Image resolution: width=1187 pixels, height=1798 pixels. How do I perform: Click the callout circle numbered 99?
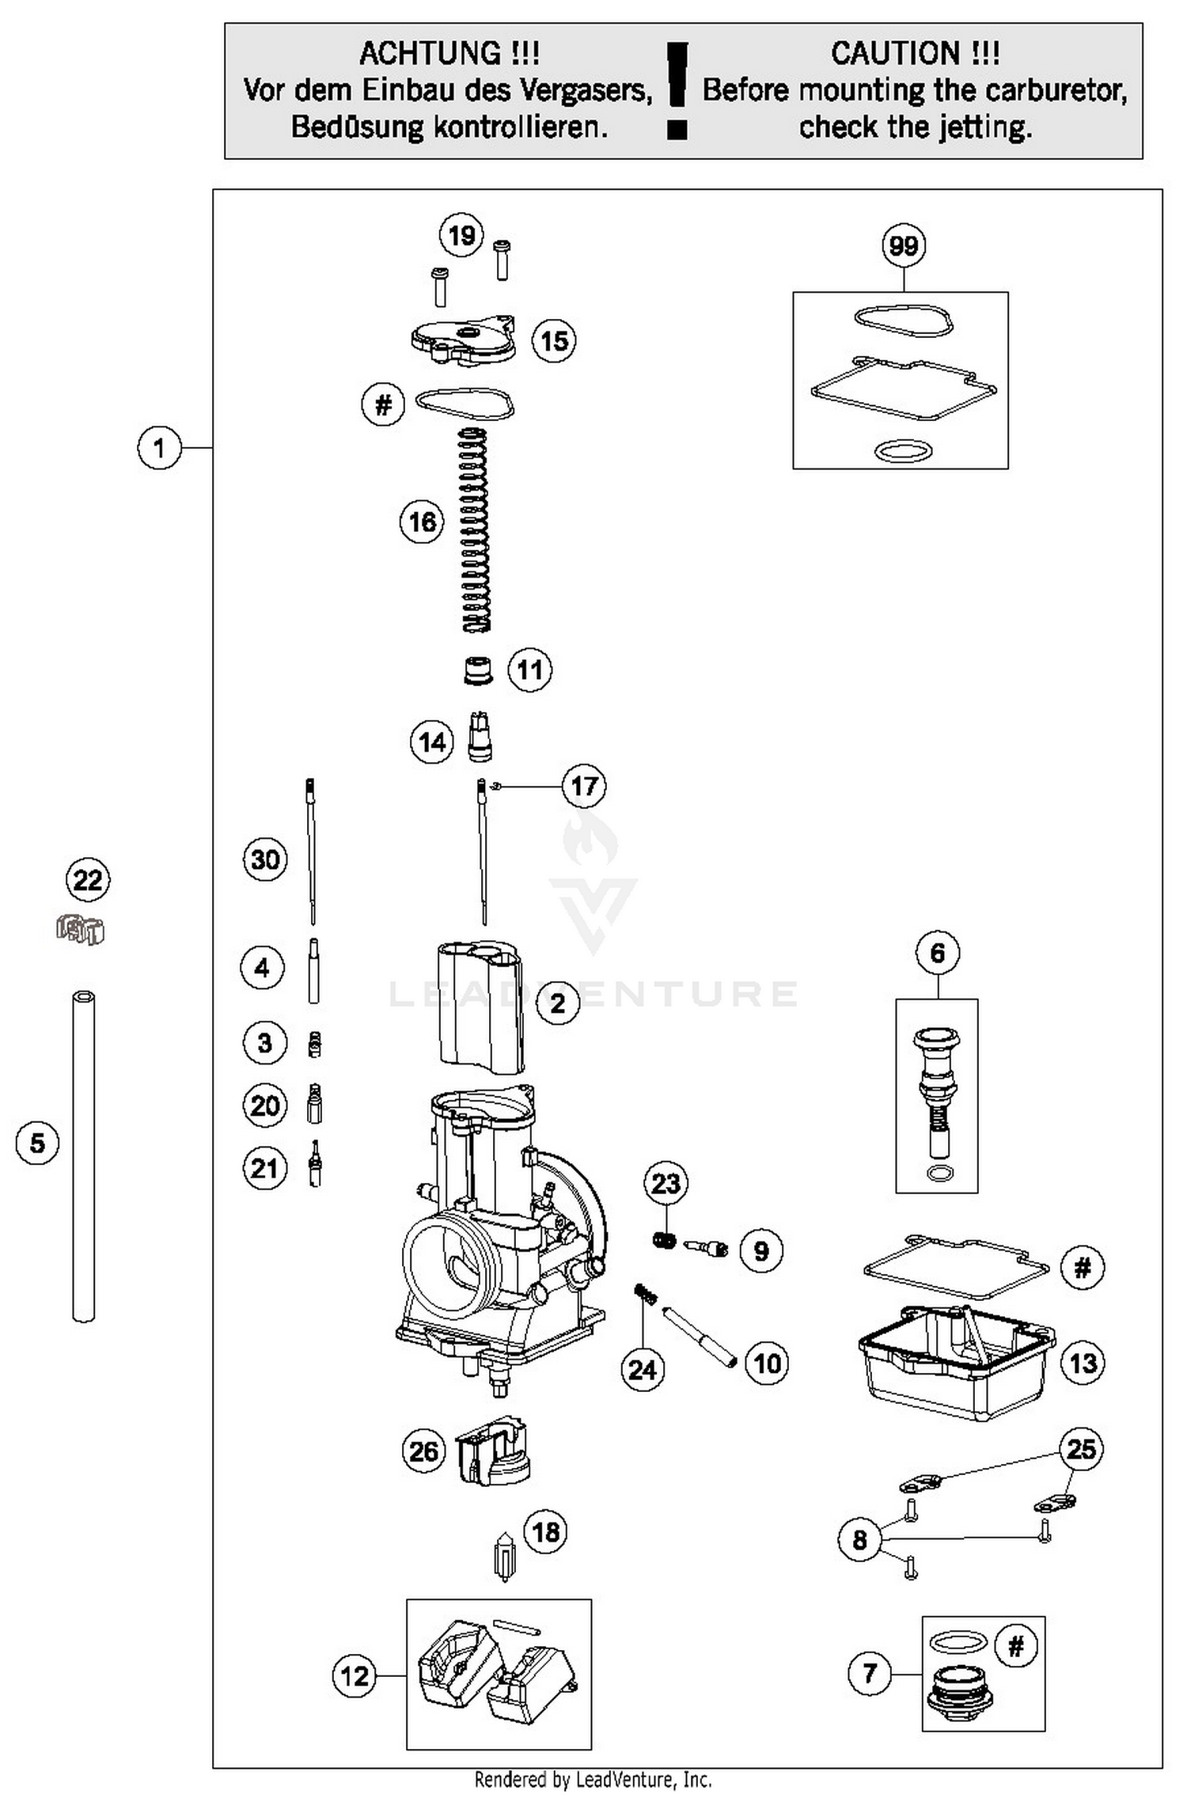(904, 245)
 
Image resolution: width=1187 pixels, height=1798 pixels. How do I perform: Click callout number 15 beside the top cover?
(554, 341)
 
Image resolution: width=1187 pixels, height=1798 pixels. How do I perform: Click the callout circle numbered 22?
(87, 880)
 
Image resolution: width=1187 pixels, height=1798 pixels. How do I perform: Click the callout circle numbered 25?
(1081, 1449)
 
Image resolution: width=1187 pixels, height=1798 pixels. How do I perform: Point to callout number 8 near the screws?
(860, 1539)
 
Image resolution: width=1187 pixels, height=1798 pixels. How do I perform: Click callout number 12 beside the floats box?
(354, 1675)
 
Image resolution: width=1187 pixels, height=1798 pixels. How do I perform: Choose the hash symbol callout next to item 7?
(1016, 1647)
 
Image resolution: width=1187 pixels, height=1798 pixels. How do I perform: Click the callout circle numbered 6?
(938, 953)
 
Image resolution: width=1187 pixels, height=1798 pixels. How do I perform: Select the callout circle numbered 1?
(159, 448)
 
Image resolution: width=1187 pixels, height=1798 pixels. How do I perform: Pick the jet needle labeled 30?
(312, 851)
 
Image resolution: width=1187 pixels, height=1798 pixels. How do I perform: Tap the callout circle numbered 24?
(642, 1370)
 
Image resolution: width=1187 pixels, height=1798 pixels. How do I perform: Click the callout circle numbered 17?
(584, 786)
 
